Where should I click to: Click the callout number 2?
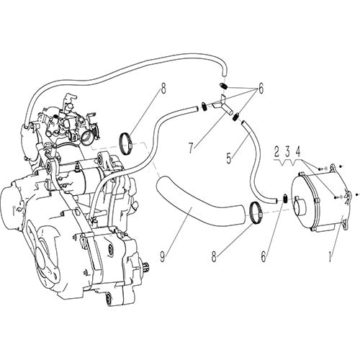[275, 152]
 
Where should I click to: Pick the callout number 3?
[287, 152]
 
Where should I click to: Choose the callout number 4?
[298, 152]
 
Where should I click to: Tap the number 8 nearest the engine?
[163, 90]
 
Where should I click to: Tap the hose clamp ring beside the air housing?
[254, 212]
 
